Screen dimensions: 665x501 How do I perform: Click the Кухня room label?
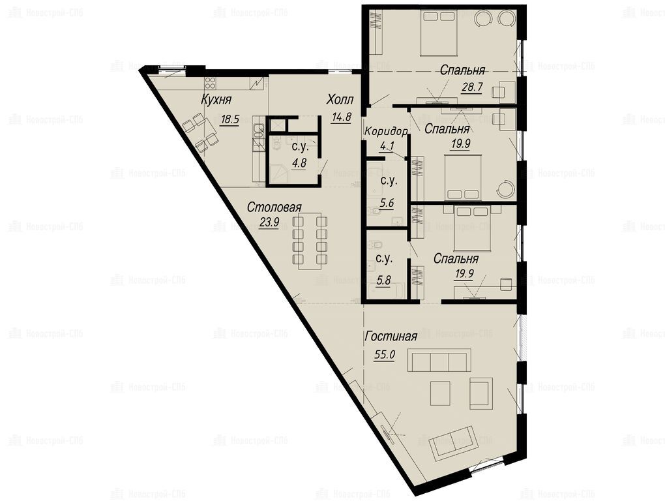(x=216, y=100)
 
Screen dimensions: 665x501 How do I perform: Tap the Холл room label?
(x=340, y=100)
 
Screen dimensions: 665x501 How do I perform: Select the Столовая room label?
(x=274, y=207)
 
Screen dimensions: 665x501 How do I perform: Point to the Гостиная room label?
(x=391, y=337)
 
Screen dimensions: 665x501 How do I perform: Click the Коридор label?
(x=387, y=132)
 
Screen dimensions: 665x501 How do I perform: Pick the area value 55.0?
(x=384, y=355)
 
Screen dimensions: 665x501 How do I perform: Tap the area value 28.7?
(x=472, y=87)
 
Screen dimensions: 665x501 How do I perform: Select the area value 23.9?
(x=269, y=222)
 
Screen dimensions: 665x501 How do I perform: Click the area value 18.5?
(x=230, y=119)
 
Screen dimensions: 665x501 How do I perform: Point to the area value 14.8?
(x=341, y=117)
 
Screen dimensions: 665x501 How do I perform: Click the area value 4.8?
(x=299, y=163)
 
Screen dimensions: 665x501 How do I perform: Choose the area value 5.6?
(x=387, y=203)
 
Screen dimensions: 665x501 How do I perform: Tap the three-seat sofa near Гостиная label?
(x=439, y=361)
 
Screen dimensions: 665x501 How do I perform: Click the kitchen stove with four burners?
(x=211, y=82)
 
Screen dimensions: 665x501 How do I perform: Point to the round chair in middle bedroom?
(x=505, y=189)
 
